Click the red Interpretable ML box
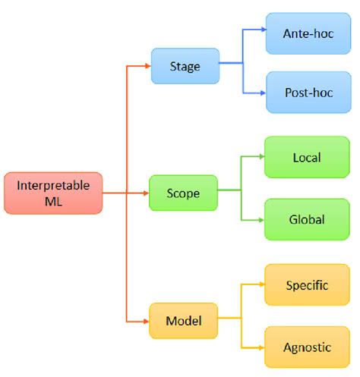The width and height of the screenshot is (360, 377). [x=53, y=193]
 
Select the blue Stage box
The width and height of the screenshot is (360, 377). [x=185, y=66]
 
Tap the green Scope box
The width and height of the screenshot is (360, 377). [x=183, y=193]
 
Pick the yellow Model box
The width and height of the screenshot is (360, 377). [x=183, y=321]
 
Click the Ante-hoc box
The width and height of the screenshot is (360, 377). [x=308, y=34]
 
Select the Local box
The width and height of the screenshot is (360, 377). [x=306, y=158]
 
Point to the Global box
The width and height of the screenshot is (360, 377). [x=306, y=220]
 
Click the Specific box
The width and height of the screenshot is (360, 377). [x=306, y=285]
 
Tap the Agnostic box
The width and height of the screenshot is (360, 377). [x=306, y=347]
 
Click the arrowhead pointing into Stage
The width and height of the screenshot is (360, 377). [x=147, y=66]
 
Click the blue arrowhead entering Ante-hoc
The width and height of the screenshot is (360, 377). [x=261, y=30]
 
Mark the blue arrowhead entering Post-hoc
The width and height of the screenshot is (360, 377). [x=261, y=93]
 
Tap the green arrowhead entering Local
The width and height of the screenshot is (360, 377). [x=260, y=158]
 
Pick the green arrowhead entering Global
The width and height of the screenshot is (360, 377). [x=260, y=220]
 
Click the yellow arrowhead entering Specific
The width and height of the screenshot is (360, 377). [x=260, y=285]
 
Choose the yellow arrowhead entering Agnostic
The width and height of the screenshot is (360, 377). [x=260, y=347]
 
